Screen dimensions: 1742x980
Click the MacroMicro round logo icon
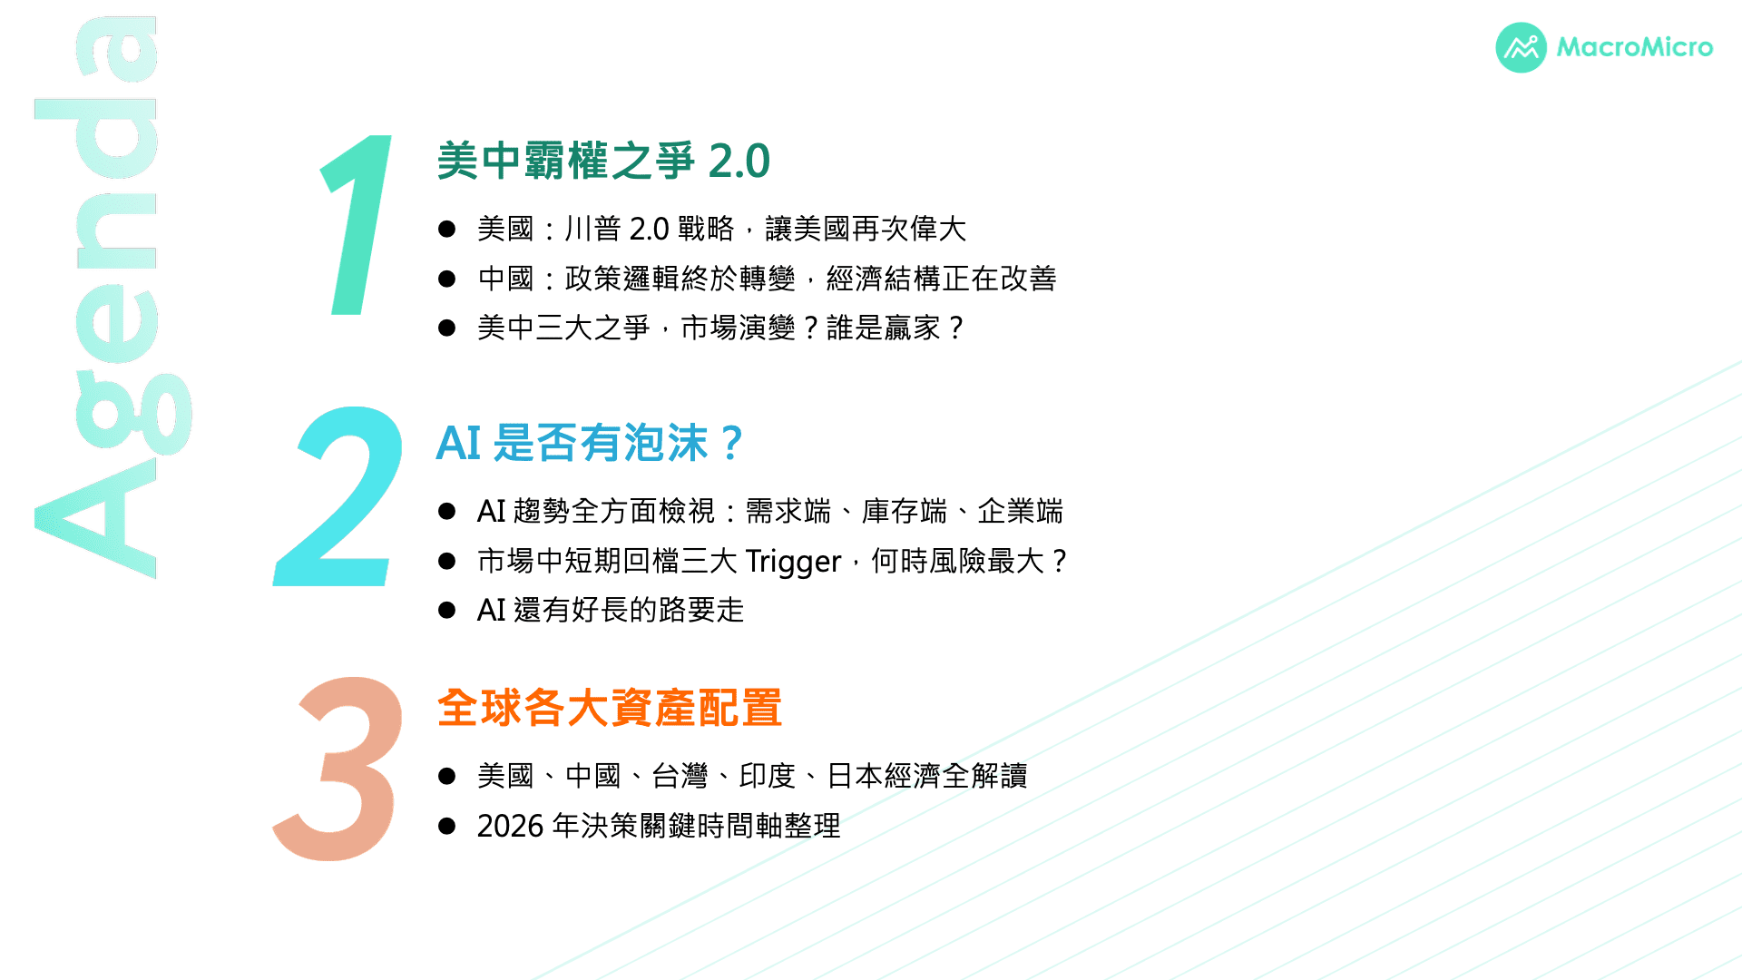point(1521,47)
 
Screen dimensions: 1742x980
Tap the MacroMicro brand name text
point(1635,47)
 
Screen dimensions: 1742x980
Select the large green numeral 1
point(357,225)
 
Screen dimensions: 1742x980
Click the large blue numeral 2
point(338,495)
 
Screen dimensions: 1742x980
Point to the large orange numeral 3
point(338,768)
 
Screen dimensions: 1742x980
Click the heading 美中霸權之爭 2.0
point(603,162)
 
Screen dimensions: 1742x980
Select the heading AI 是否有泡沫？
point(591,444)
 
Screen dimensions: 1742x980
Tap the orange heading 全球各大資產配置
point(610,708)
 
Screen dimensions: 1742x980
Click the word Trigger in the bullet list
point(793,562)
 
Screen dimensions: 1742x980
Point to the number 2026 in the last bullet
point(510,826)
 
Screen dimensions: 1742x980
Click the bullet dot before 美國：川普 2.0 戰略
point(446,229)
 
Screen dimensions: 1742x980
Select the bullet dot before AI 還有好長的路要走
point(446,610)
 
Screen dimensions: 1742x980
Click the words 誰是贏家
point(884,328)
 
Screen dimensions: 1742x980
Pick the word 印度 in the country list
point(768,776)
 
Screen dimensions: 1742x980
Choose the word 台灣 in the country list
point(680,776)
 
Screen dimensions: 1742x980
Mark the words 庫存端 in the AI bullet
point(905,511)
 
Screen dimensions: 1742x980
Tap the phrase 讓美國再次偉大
point(866,229)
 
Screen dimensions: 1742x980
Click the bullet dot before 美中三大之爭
point(446,328)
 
